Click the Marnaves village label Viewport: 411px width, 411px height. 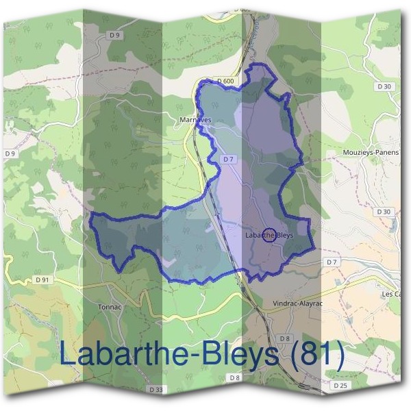coord(196,120)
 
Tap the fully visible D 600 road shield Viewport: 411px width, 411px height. coord(225,81)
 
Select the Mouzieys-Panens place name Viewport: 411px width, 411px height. coord(370,153)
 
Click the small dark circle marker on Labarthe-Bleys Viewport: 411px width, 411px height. coord(269,235)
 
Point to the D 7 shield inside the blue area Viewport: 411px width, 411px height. coord(229,159)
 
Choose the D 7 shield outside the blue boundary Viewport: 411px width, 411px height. coord(332,262)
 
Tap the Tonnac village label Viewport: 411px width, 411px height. coord(110,306)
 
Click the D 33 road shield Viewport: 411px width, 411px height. coord(155,389)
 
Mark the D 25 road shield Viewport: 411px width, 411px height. coord(340,386)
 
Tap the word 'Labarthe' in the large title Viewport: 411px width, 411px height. coord(120,354)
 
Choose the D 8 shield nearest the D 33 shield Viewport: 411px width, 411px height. coord(235,377)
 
